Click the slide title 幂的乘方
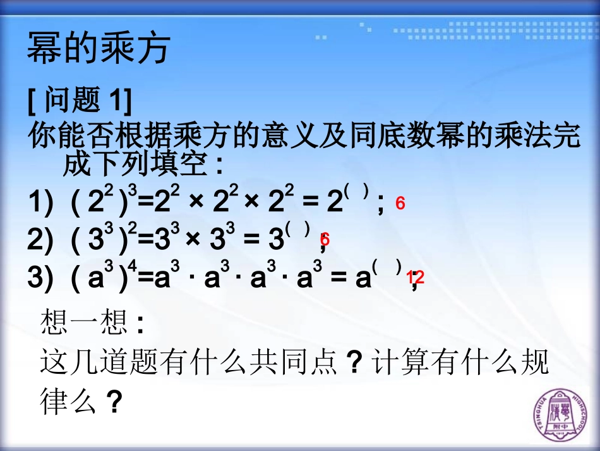pyautogui.click(x=99, y=49)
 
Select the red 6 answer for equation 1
pyautogui.click(x=400, y=204)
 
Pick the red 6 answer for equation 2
pyautogui.click(x=325, y=240)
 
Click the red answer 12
pyautogui.click(x=416, y=277)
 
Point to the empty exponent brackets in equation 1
pyautogui.click(x=357, y=194)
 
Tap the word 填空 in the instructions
pyautogui.click(x=184, y=166)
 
